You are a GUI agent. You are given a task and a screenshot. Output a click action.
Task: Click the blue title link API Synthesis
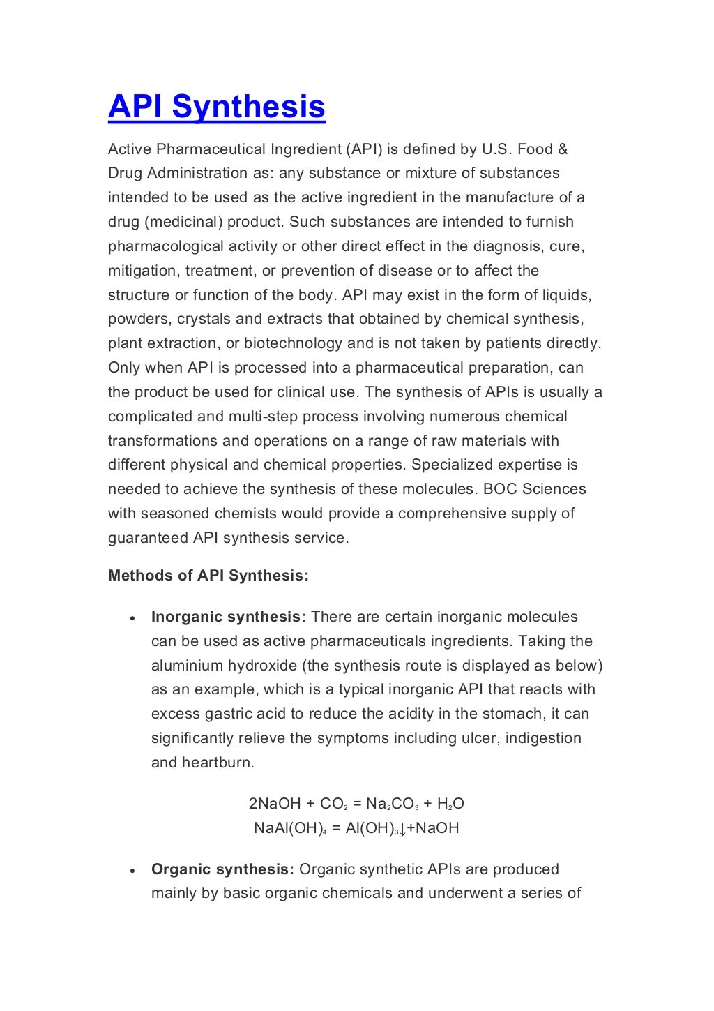pyautogui.click(x=216, y=107)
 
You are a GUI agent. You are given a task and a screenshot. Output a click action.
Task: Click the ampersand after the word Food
pyautogui.click(x=563, y=149)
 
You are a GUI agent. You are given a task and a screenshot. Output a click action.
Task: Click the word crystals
pyautogui.click(x=202, y=319)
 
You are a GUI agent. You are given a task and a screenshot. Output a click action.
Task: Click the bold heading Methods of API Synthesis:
pyautogui.click(x=208, y=576)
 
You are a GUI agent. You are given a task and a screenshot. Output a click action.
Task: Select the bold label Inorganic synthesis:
pyautogui.click(x=228, y=617)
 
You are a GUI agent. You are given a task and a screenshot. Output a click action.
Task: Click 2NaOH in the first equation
pyautogui.click(x=275, y=804)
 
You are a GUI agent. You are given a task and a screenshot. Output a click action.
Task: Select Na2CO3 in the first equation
pyautogui.click(x=392, y=804)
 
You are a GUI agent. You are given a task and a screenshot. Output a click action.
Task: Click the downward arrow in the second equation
pyautogui.click(x=403, y=829)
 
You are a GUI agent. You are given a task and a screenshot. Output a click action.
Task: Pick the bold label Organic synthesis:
pyautogui.click(x=222, y=869)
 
